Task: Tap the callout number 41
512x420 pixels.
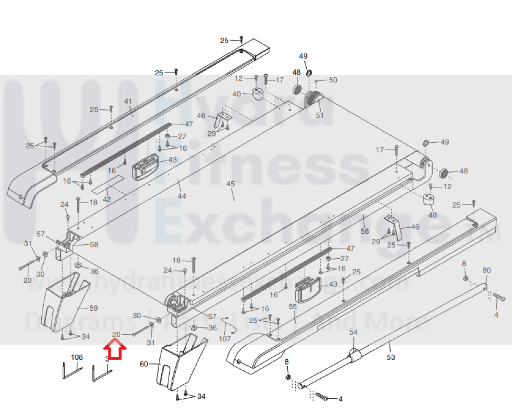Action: (128, 101)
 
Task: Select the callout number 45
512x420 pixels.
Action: (230, 184)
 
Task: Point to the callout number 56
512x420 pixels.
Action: (364, 231)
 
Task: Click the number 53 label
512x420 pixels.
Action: (391, 357)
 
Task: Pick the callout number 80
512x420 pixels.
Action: (487, 270)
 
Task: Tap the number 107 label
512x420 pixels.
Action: (225, 339)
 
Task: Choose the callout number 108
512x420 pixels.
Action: (77, 357)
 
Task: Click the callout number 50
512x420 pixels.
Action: (333, 80)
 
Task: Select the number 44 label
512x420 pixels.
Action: (182, 196)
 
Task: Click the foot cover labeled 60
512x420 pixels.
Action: (179, 363)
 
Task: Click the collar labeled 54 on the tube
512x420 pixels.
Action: (353, 355)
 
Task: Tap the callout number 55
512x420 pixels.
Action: (293, 307)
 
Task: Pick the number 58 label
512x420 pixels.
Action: (94, 245)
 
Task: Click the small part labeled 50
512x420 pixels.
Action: (316, 82)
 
